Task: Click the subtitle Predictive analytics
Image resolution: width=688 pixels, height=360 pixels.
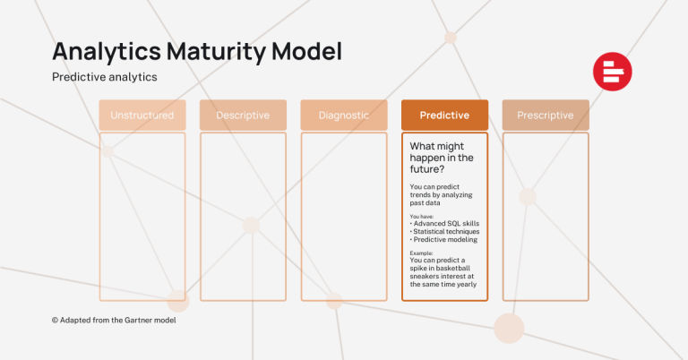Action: pyautogui.click(x=105, y=77)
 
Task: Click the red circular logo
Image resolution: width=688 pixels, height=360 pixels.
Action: pyautogui.click(x=612, y=73)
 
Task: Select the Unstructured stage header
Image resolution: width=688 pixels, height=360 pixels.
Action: pyautogui.click(x=142, y=116)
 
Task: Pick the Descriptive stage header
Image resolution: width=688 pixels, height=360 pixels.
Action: pyautogui.click(x=243, y=116)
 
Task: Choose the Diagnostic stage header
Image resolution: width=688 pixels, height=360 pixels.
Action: pyautogui.click(x=344, y=116)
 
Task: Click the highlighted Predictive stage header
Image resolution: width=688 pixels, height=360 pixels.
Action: pyautogui.click(x=444, y=116)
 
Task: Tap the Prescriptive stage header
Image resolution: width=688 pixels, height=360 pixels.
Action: pyautogui.click(x=546, y=116)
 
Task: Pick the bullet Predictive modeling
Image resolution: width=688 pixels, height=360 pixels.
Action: pyautogui.click(x=446, y=239)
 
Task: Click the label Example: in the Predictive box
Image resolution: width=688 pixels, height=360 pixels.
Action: pyautogui.click(x=423, y=253)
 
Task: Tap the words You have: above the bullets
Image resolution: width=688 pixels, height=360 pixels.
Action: pyautogui.click(x=423, y=216)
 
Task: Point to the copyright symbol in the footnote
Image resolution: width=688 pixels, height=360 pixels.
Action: pyautogui.click(x=55, y=320)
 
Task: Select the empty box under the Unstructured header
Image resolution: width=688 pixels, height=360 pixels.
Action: pyautogui.click(x=142, y=216)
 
